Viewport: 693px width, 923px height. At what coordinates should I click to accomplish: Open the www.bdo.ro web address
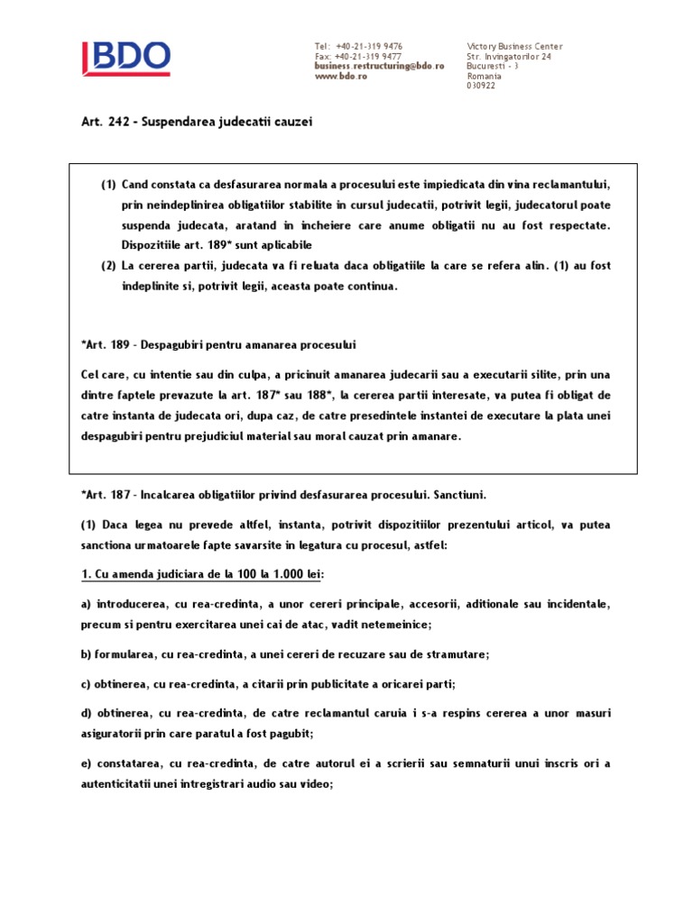click(340, 76)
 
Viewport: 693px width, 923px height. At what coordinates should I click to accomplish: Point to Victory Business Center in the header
click(514, 46)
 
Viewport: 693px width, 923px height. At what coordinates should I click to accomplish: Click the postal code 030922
click(481, 86)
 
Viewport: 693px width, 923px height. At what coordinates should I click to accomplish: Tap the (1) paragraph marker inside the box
click(108, 185)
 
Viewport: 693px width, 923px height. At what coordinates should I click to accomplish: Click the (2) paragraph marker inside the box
click(108, 267)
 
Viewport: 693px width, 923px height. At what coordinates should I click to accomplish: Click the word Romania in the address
click(485, 76)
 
